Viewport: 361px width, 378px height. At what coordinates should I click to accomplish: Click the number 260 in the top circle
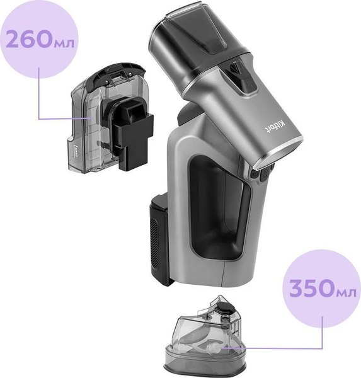click(28, 39)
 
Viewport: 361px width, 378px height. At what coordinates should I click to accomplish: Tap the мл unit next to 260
click(63, 43)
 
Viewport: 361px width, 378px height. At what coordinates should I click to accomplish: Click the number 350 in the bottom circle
click(312, 288)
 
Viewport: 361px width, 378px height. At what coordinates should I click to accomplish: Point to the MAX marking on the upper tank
click(75, 152)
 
